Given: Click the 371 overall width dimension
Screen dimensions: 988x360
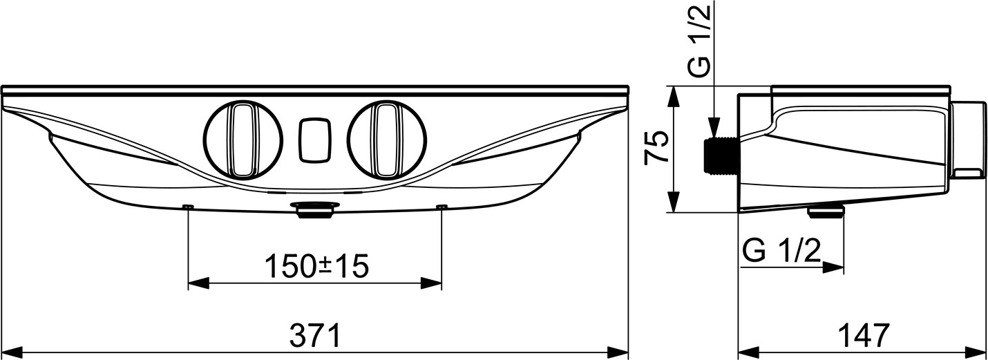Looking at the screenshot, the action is tap(315, 336).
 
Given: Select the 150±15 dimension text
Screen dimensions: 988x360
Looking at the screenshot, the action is tap(316, 267).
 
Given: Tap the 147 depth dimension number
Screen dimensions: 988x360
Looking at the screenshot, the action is tap(862, 336).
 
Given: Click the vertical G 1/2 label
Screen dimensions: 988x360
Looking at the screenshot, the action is tap(699, 41).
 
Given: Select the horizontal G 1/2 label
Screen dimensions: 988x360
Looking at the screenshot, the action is tap(781, 251).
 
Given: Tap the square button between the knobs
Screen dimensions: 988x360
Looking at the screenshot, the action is tap(314, 140).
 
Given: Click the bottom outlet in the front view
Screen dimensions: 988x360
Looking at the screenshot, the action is tap(315, 209).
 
